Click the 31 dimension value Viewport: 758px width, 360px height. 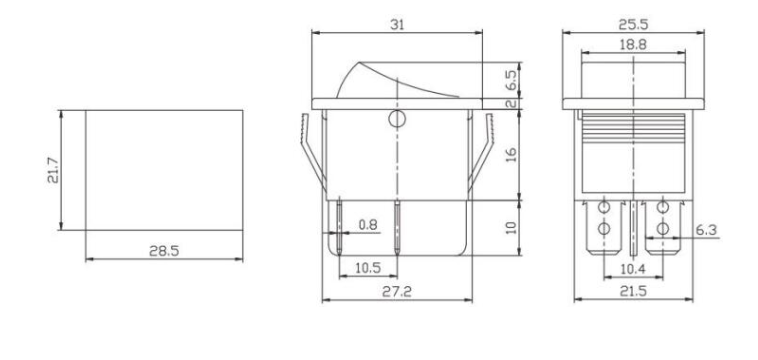point(397,25)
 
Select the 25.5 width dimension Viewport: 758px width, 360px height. point(633,24)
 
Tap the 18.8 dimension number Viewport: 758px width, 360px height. point(633,45)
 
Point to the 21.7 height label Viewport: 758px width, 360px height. point(53,170)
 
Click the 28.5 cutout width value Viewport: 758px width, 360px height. point(164,251)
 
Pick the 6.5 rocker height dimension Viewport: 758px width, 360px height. point(511,80)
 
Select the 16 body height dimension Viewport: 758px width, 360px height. point(511,155)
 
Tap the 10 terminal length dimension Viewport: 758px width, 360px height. point(511,227)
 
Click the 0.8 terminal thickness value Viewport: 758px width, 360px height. point(368,225)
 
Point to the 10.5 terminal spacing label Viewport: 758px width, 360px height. point(368,267)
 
